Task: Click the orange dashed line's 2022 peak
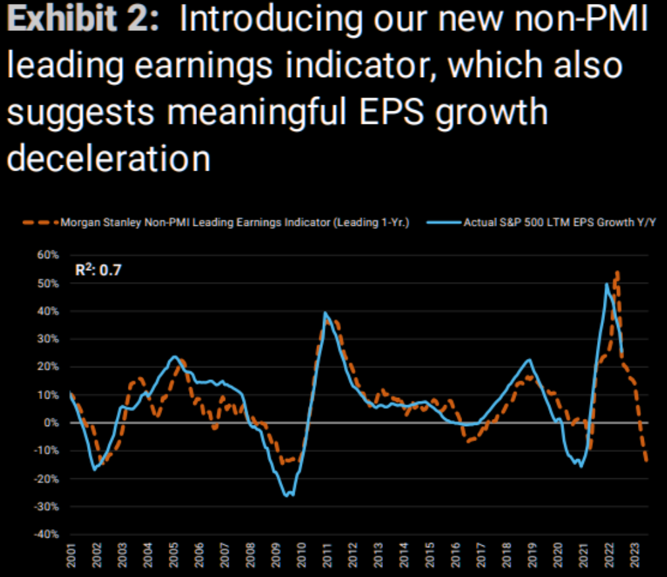[x=618, y=271]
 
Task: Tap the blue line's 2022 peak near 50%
[x=606, y=284]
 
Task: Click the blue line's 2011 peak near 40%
[x=325, y=313]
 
